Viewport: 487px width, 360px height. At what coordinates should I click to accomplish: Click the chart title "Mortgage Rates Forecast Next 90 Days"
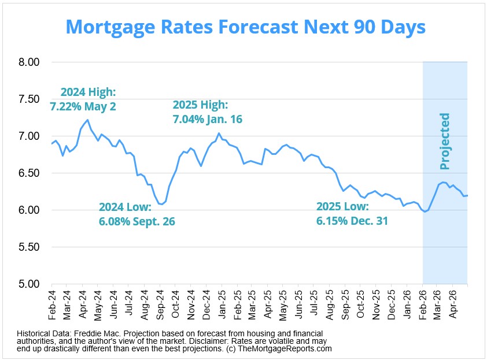point(245,27)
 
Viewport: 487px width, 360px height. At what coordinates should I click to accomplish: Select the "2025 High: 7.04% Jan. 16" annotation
point(207,112)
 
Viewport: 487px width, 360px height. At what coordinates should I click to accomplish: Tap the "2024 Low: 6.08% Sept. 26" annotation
point(136,214)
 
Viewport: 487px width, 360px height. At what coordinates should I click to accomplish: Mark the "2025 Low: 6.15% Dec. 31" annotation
point(352,214)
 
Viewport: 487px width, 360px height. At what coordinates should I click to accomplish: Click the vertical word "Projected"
point(444,142)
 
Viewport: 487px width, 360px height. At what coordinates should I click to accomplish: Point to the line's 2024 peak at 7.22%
point(87,120)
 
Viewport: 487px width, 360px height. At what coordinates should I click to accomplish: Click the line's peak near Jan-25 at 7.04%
point(219,133)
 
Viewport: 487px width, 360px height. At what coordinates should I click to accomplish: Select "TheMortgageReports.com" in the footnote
point(288,349)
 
